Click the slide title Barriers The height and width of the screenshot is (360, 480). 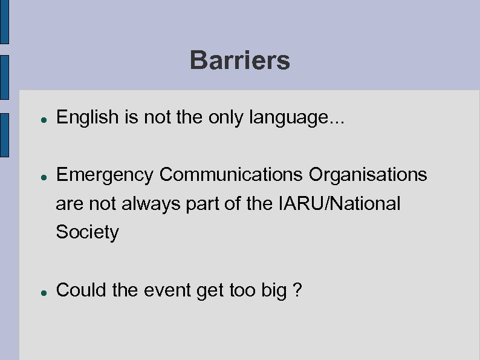(x=239, y=61)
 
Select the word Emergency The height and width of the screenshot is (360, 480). (x=105, y=175)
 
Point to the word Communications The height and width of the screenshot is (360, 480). (x=232, y=175)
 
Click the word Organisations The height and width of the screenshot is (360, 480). (x=368, y=175)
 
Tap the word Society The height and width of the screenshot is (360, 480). (x=87, y=232)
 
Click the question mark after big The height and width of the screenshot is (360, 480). (x=297, y=290)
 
